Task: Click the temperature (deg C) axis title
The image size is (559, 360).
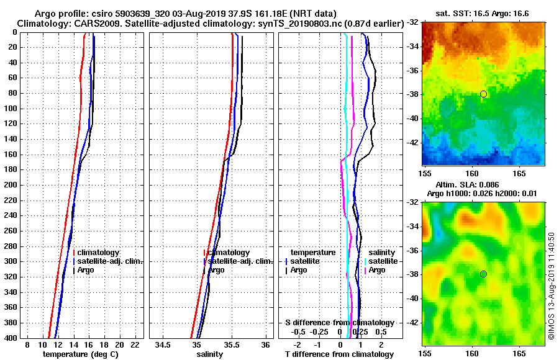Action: point(80,354)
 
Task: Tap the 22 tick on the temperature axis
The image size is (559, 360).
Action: point(134,344)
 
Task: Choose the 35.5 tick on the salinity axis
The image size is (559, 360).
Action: point(231,344)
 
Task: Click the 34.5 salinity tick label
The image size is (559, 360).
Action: point(163,344)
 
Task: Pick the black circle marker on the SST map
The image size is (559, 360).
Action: point(483,94)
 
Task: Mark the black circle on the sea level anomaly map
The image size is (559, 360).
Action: point(483,274)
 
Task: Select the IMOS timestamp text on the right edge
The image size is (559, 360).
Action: point(551,286)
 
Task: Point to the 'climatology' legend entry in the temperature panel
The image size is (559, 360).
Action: point(100,253)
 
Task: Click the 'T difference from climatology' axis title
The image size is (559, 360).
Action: point(339,354)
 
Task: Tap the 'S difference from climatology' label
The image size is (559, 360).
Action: point(339,323)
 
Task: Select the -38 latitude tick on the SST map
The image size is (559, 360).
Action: point(413,94)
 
